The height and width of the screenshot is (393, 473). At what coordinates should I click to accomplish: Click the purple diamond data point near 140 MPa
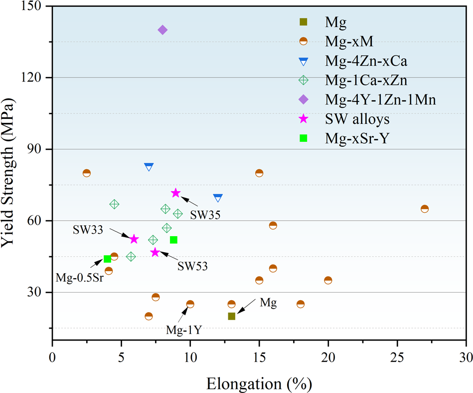[x=162, y=30]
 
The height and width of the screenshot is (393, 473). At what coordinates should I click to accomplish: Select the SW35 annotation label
[x=205, y=214]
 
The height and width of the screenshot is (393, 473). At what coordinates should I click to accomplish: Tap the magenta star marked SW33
[x=134, y=239]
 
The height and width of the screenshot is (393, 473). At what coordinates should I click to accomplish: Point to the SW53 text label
[x=192, y=266]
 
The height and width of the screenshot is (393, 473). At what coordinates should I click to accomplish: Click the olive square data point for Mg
[x=231, y=316]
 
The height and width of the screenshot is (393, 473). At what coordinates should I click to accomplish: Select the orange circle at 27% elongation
[x=425, y=209]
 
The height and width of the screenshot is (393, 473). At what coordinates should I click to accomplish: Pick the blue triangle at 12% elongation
[x=218, y=198]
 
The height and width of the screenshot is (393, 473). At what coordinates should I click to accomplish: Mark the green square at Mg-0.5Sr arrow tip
[x=107, y=259]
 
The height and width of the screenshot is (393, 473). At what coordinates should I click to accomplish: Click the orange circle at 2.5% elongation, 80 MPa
[x=87, y=173]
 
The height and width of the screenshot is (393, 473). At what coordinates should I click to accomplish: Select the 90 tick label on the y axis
[x=39, y=149]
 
